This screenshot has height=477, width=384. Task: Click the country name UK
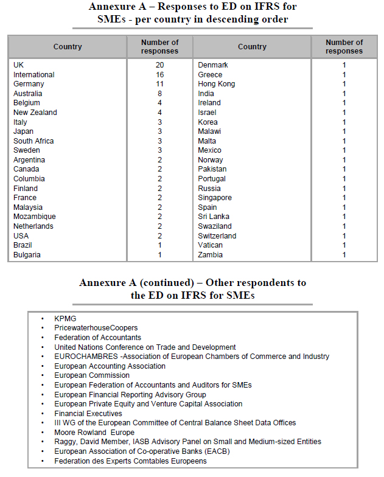[18, 65]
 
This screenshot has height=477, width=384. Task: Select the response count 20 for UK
[159, 65]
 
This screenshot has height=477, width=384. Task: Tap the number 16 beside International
[159, 75]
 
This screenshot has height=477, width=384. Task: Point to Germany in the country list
[29, 84]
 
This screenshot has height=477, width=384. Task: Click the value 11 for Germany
[159, 84]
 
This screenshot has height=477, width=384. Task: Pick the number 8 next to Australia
[159, 94]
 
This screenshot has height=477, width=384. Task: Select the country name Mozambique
[34, 217]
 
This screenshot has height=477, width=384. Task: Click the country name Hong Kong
[216, 84]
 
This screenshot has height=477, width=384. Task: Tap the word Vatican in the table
[210, 245]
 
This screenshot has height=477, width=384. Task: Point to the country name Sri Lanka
[213, 217]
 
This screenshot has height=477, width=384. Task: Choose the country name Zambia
[210, 255]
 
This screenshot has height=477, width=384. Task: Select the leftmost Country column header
[68, 47]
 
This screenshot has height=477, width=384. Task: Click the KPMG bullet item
[65, 318]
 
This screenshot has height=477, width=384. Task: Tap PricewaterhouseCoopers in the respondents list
[96, 328]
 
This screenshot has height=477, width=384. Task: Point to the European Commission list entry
[92, 375]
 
